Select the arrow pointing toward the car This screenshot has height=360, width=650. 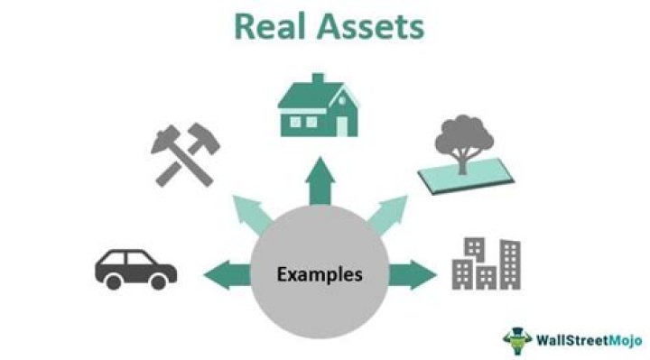click(226, 272)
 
